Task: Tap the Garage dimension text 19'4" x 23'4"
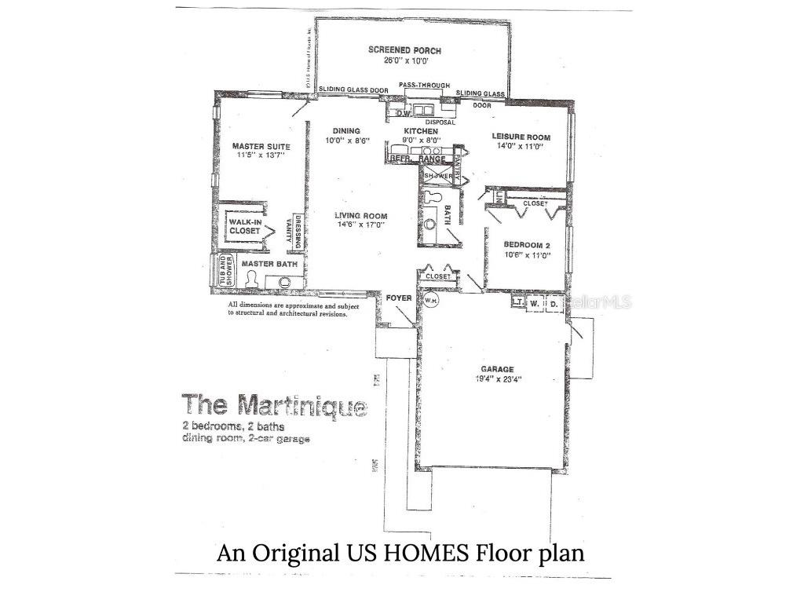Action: click(498, 379)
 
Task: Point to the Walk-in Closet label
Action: click(245, 227)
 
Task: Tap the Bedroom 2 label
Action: click(527, 244)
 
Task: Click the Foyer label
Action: click(399, 298)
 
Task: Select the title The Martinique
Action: click(274, 406)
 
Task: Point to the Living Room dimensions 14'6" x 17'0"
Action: click(360, 225)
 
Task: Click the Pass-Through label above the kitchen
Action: click(424, 84)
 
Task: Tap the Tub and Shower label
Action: click(223, 270)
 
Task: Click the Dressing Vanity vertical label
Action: click(298, 233)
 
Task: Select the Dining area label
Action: click(345, 131)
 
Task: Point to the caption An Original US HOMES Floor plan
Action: click(400, 553)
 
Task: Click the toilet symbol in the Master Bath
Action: click(251, 279)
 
